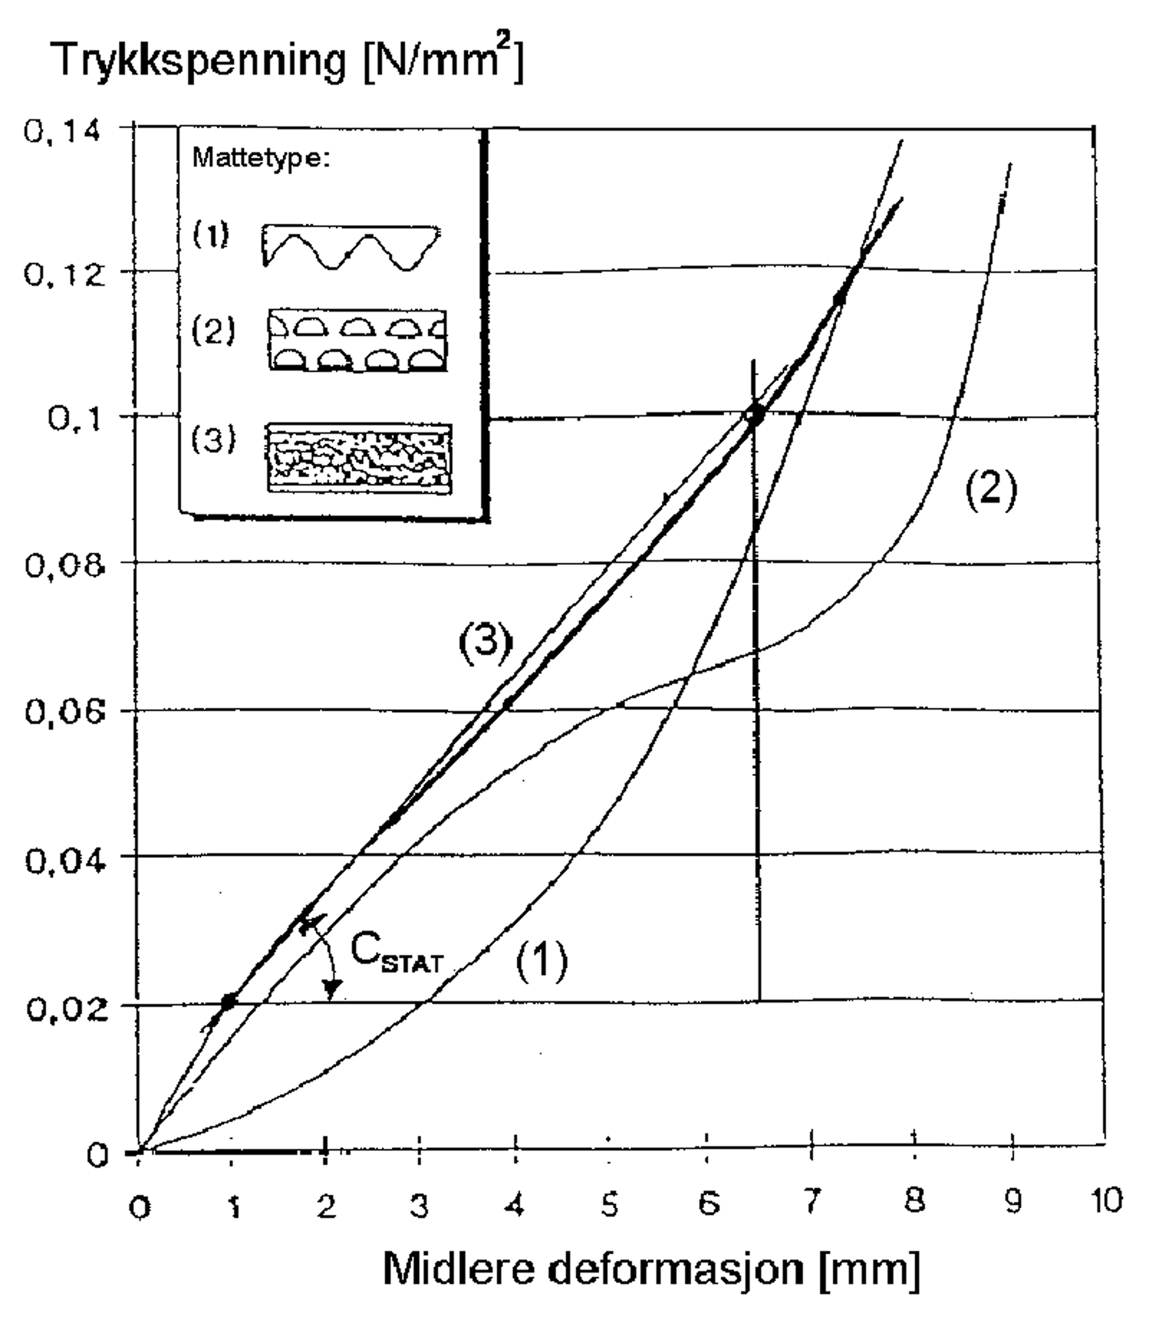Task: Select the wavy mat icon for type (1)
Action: (x=351, y=247)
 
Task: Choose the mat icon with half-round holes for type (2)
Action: (x=357, y=340)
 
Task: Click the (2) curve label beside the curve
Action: (x=990, y=492)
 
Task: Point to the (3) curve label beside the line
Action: (x=486, y=641)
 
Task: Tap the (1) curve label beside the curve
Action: (x=541, y=959)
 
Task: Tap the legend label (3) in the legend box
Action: (x=213, y=439)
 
